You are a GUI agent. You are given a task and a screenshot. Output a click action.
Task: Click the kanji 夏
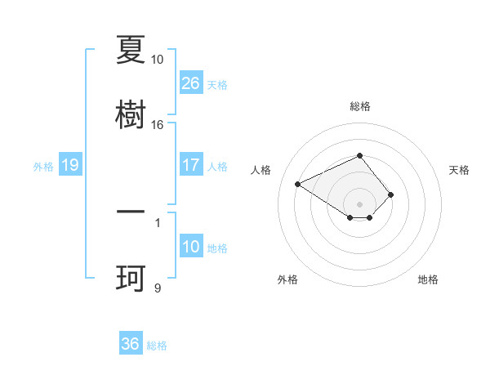[x=131, y=51]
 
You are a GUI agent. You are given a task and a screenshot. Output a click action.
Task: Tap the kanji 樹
[x=131, y=114]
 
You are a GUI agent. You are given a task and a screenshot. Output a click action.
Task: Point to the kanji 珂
[x=131, y=279]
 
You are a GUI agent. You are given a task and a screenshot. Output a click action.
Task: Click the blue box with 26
[x=191, y=83]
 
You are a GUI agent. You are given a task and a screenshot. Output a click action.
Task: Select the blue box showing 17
[x=191, y=165]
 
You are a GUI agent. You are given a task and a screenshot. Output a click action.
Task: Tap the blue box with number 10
[x=191, y=247]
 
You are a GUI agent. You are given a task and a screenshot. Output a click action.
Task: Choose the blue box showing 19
[x=70, y=165]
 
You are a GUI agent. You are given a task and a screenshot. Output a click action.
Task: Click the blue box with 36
[x=131, y=344]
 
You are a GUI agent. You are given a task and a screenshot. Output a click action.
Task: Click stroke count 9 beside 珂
[x=157, y=288]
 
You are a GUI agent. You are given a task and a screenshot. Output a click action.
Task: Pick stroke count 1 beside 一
[x=157, y=221]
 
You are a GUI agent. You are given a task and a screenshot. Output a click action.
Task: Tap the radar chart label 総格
[x=360, y=106]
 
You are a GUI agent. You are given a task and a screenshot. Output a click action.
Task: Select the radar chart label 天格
[x=459, y=170]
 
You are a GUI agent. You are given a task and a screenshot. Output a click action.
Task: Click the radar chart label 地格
[x=428, y=279]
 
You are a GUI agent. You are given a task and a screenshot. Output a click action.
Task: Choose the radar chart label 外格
[x=287, y=279]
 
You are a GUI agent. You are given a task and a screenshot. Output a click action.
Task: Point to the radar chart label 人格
[x=261, y=170]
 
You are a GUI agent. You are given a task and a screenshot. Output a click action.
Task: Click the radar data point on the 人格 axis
[x=298, y=183]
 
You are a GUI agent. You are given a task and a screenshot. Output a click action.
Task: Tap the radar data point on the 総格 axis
[x=360, y=155]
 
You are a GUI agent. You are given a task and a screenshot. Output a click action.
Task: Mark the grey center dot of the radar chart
[x=360, y=203]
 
